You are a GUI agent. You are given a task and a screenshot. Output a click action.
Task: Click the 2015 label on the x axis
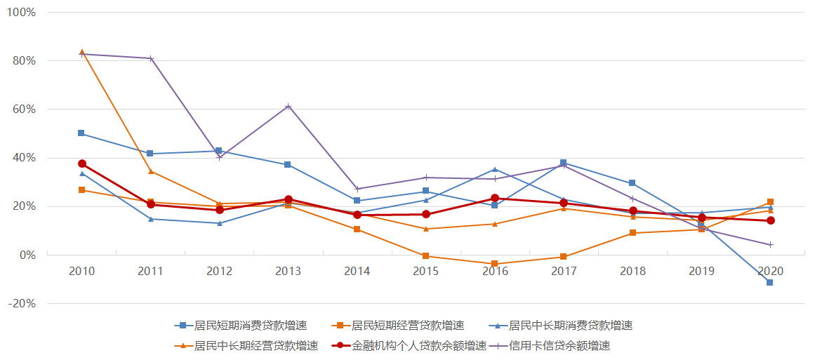pos(425,271)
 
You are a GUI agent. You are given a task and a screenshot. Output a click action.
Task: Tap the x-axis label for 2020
pos(770,271)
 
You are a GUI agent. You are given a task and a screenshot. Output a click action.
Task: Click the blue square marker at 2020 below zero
pos(770,283)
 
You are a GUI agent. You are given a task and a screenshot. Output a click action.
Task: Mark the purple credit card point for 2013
pos(288,106)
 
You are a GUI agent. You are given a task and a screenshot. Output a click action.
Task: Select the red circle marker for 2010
pos(82,164)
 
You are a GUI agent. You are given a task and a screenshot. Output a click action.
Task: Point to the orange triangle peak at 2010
pos(82,52)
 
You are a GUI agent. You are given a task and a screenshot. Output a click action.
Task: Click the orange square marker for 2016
pos(495,264)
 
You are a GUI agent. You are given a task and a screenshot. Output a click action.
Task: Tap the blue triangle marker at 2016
pos(495,169)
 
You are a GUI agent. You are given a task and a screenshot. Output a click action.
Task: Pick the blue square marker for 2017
pos(563,163)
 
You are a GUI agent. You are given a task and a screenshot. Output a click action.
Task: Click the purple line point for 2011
pos(151,58)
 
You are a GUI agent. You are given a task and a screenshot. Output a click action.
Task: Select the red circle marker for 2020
pos(770,220)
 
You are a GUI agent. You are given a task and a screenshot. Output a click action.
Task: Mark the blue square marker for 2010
pos(82,133)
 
